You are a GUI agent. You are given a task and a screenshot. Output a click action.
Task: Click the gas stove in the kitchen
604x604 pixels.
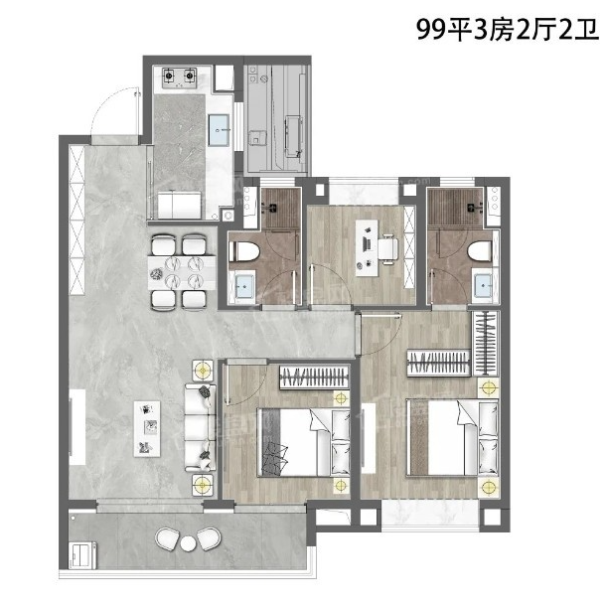point(179,77)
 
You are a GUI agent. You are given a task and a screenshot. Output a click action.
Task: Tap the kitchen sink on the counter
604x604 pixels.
point(220,130)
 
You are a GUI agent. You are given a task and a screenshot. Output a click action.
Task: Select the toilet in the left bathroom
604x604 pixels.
point(244,252)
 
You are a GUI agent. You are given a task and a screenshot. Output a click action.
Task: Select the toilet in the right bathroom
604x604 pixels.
point(480,252)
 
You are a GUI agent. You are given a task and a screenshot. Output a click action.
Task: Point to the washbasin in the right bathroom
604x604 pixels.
point(483,285)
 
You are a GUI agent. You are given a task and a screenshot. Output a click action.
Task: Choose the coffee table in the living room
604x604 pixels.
point(147,429)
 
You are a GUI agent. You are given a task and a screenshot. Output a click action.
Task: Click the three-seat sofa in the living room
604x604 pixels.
point(201,427)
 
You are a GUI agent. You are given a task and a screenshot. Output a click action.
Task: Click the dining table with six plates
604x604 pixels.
point(182,273)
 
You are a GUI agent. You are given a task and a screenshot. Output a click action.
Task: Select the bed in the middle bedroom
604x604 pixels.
point(304,442)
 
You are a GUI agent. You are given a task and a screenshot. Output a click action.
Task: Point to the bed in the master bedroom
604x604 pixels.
point(453,438)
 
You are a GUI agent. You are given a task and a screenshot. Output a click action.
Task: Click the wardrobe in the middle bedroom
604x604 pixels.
point(314,377)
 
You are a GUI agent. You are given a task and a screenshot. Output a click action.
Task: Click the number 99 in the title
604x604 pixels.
point(431,29)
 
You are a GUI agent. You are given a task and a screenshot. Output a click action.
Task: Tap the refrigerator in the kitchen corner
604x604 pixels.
point(225,77)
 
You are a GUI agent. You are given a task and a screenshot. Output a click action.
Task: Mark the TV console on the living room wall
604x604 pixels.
point(77,427)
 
